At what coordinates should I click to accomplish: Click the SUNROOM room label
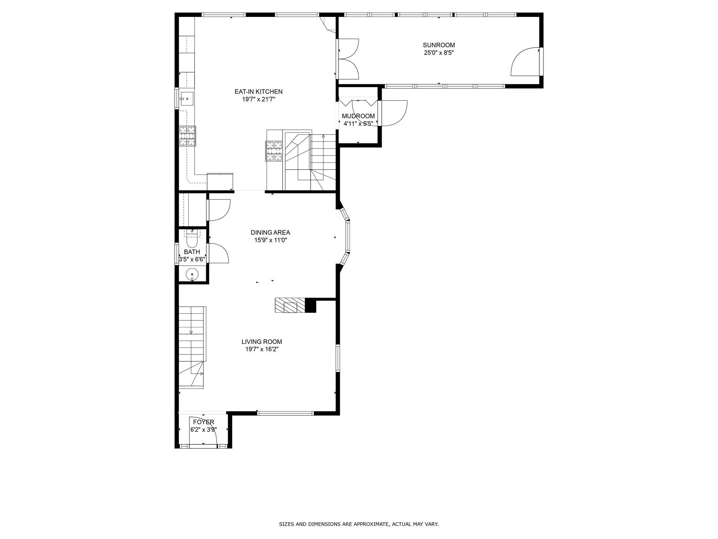tap(439, 45)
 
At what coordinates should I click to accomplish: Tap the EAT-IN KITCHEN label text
tap(258, 92)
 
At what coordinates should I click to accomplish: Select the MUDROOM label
tap(358, 116)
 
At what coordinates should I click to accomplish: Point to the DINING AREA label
tap(270, 232)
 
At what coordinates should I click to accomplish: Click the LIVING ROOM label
tap(262, 341)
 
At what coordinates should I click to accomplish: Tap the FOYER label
tap(203, 422)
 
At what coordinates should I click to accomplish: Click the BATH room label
tap(192, 252)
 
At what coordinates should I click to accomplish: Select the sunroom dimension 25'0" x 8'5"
tap(439, 53)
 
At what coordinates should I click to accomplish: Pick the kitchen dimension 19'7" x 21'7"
tap(258, 99)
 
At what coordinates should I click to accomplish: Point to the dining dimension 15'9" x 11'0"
tap(270, 240)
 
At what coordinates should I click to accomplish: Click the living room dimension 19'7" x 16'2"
tap(262, 350)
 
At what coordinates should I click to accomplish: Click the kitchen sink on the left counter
tap(187, 99)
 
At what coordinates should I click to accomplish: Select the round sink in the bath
tap(192, 274)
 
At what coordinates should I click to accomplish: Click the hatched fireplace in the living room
tap(290, 305)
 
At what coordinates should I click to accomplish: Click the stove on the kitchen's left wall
tap(188, 136)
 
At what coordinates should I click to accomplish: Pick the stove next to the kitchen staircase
tap(274, 151)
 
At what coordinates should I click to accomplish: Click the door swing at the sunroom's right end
tap(525, 61)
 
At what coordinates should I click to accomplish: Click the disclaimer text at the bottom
tap(359, 524)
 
